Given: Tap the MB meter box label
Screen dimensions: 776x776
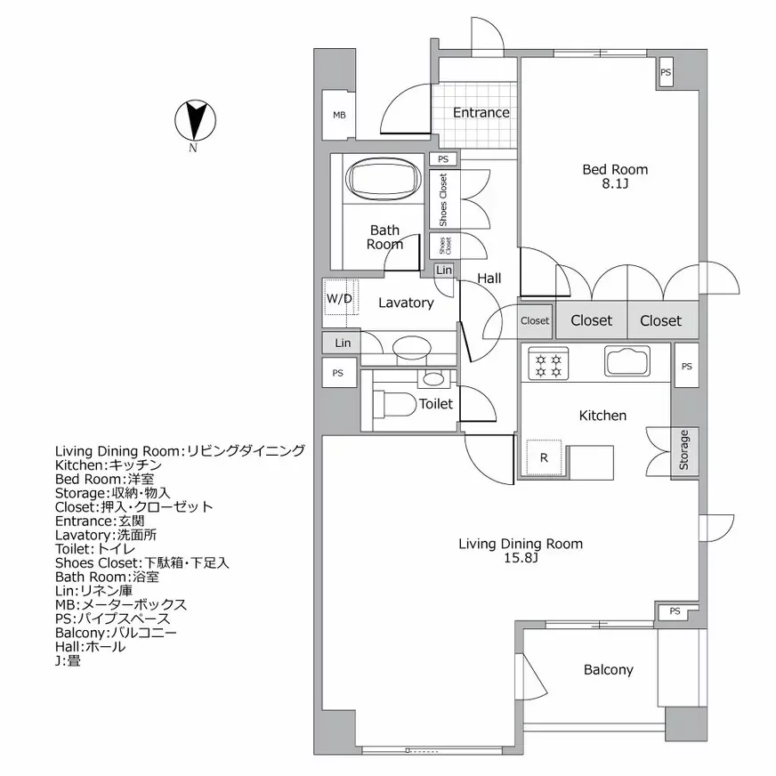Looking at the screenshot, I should tap(339, 116).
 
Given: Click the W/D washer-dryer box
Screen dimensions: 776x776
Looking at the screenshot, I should tap(339, 299).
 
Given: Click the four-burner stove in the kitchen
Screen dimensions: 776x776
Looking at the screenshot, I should tap(545, 364).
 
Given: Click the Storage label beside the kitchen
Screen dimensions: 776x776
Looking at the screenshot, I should tap(684, 450).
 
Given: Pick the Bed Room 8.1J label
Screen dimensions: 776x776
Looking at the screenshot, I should tap(614, 176).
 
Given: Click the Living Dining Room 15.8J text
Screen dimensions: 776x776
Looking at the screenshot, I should tap(520, 550).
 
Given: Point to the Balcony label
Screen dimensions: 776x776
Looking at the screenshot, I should tap(608, 670).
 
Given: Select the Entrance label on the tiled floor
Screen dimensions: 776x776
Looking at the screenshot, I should tap(481, 113).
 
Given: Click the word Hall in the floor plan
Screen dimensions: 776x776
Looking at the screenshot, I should tap(489, 279).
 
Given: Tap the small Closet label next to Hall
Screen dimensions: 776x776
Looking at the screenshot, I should tap(535, 321).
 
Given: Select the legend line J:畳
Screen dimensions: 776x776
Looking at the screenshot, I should tap(68, 660).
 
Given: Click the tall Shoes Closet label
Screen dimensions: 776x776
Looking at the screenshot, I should tap(443, 199).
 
